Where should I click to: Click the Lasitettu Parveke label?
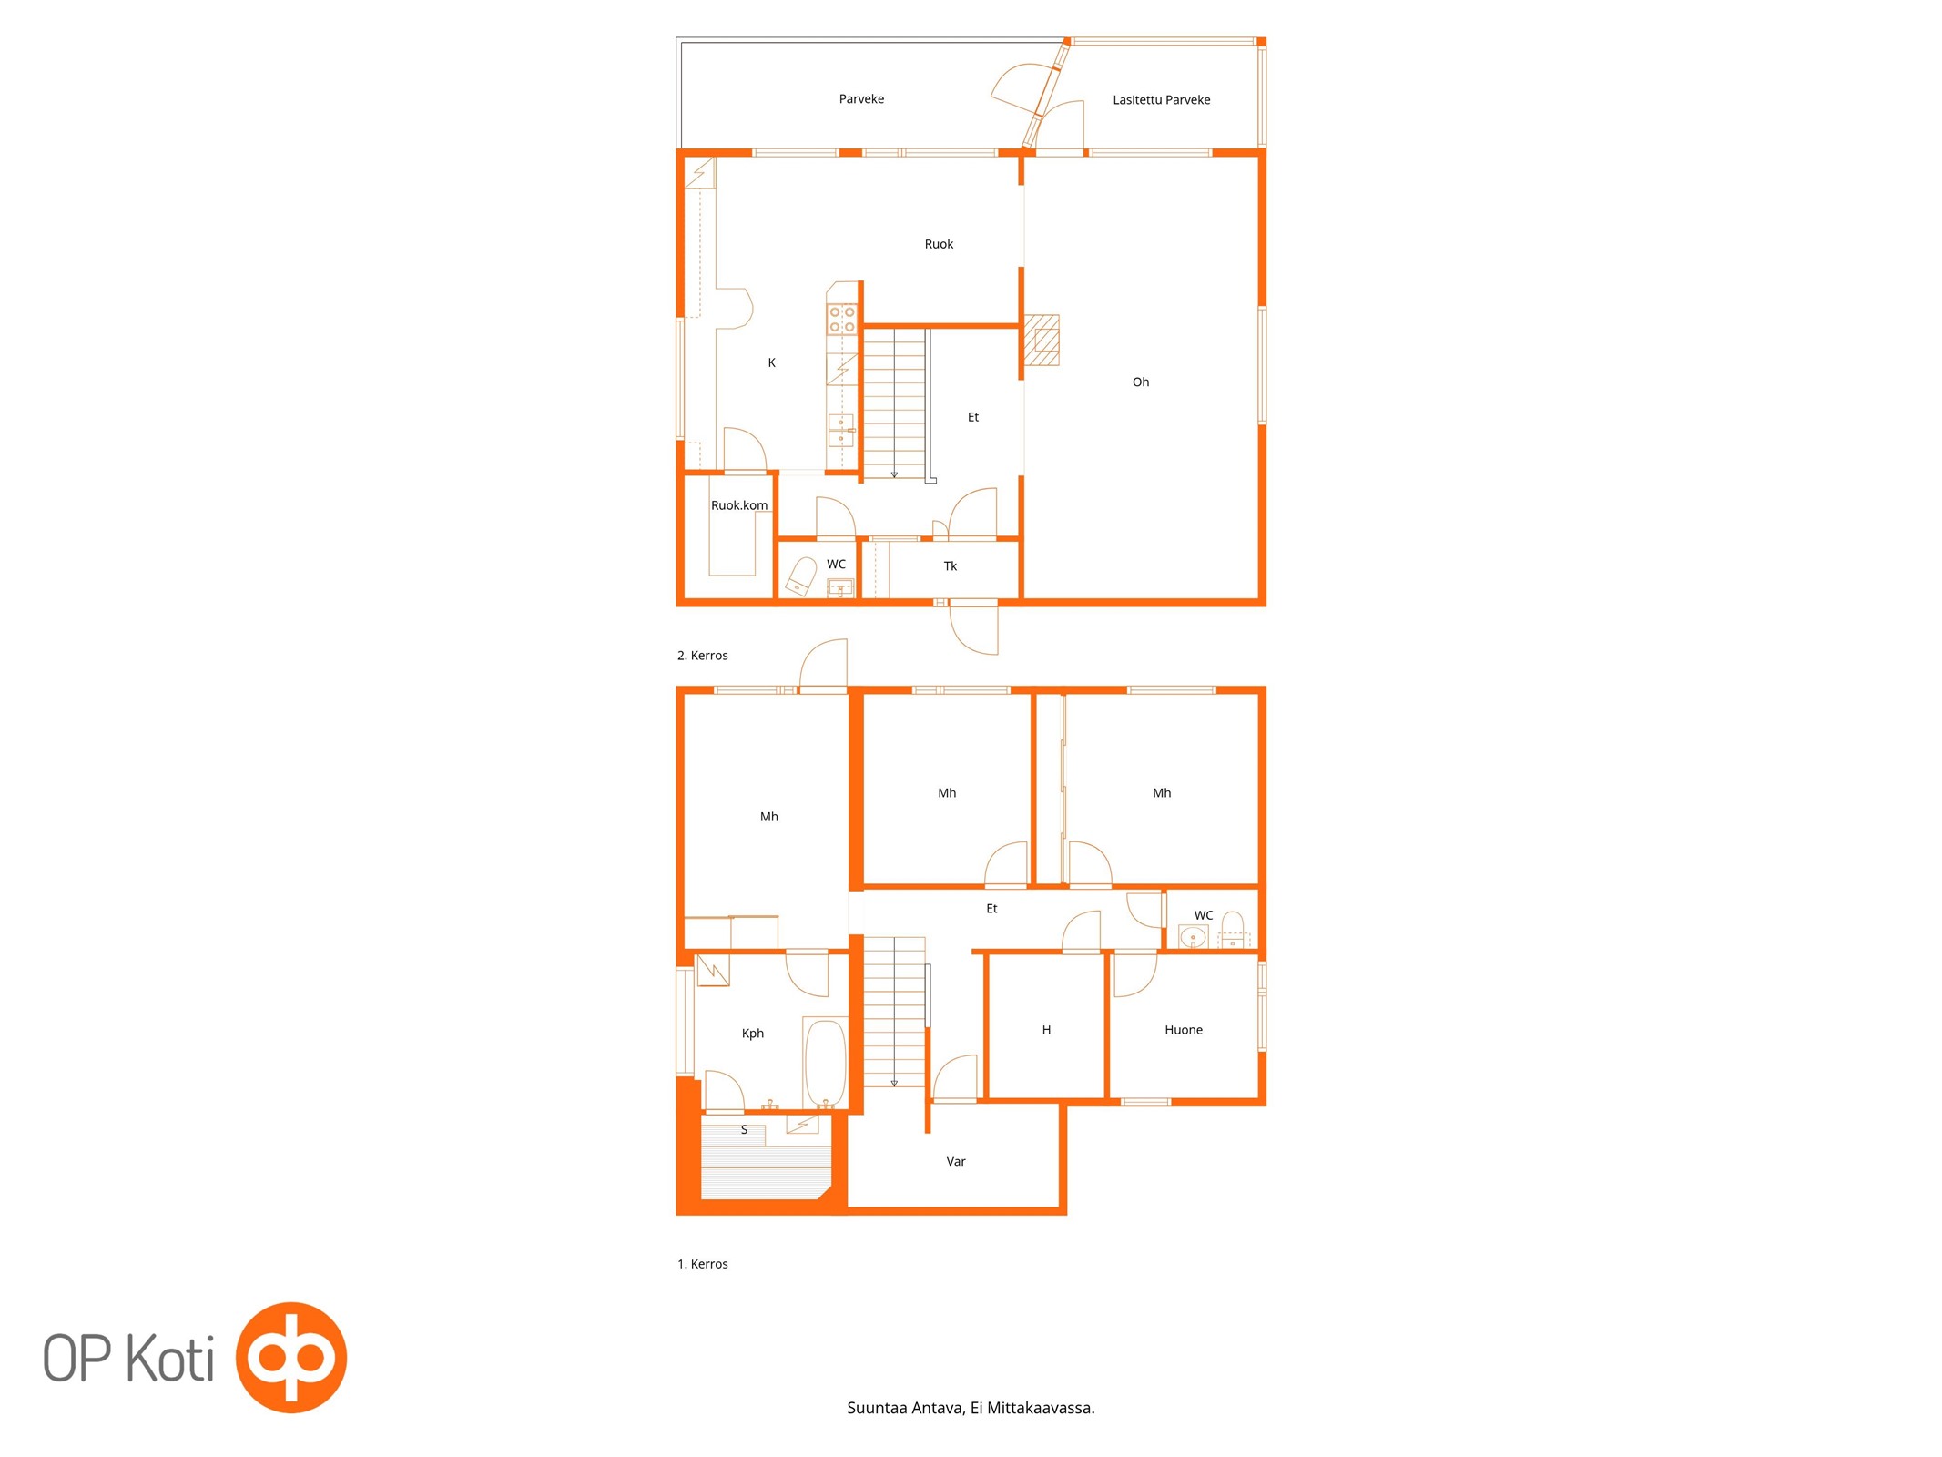click(x=1161, y=100)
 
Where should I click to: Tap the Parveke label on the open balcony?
click(x=861, y=99)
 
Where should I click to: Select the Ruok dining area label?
click(x=939, y=244)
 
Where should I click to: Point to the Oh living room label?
click(x=1141, y=382)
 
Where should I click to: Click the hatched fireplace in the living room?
click(x=1042, y=340)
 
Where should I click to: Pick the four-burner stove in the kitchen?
click(x=841, y=320)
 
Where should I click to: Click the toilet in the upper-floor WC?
click(x=801, y=576)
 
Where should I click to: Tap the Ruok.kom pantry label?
click(x=739, y=505)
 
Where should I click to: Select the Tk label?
click(x=950, y=566)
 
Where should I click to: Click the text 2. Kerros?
click(x=702, y=656)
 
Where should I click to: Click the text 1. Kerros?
click(x=702, y=1264)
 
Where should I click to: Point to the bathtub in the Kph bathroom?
click(x=826, y=1063)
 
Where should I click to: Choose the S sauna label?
click(x=744, y=1130)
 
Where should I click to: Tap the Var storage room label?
click(x=956, y=1162)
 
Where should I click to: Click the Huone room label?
click(x=1184, y=1030)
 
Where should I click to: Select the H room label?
click(x=1046, y=1030)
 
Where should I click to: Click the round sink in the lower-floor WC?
click(x=1193, y=937)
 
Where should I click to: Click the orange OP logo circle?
click(x=291, y=1358)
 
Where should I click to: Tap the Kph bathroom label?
click(x=752, y=1034)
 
